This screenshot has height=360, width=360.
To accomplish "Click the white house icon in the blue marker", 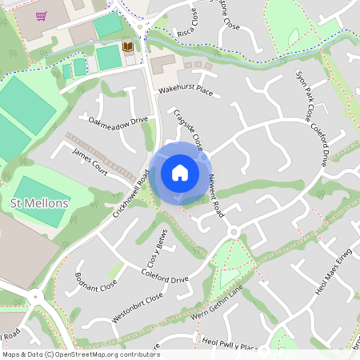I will click(x=180, y=173).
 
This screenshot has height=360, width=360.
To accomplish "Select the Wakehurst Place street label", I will click(x=185, y=92).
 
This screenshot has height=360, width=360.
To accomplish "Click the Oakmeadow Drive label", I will click(x=118, y=121).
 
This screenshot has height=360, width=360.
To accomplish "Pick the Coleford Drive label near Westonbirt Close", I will click(x=163, y=280).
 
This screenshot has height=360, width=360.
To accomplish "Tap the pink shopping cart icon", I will click(x=41, y=15).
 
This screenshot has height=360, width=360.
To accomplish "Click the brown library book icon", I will click(x=128, y=48).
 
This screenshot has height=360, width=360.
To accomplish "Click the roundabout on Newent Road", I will click(x=234, y=232).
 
